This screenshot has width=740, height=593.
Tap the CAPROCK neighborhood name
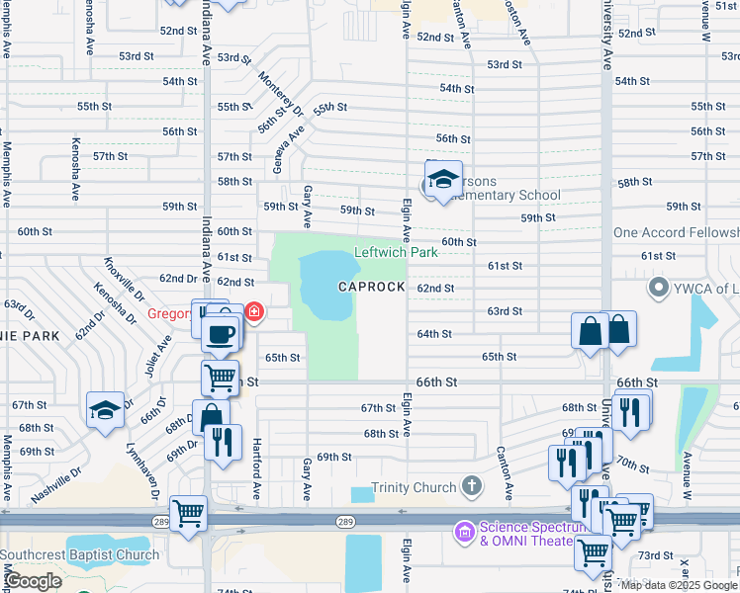371,287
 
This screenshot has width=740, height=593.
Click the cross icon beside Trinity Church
472,486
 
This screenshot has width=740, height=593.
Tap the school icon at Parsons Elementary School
443,180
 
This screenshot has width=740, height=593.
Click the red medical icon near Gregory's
254,313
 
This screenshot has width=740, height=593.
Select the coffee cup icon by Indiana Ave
221,333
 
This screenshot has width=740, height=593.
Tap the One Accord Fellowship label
676,232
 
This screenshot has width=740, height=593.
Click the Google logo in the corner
34,581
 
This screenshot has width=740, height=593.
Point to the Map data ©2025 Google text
679,585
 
